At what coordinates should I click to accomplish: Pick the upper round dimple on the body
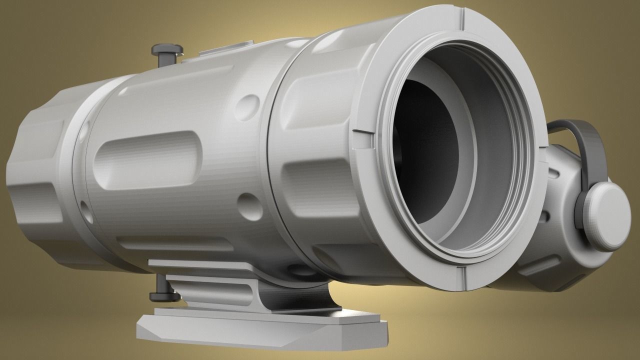coord(247,105)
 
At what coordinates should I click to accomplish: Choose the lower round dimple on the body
coord(249,205)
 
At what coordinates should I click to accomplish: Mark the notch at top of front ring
coord(461,19)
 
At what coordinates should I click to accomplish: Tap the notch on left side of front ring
coord(363,138)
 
